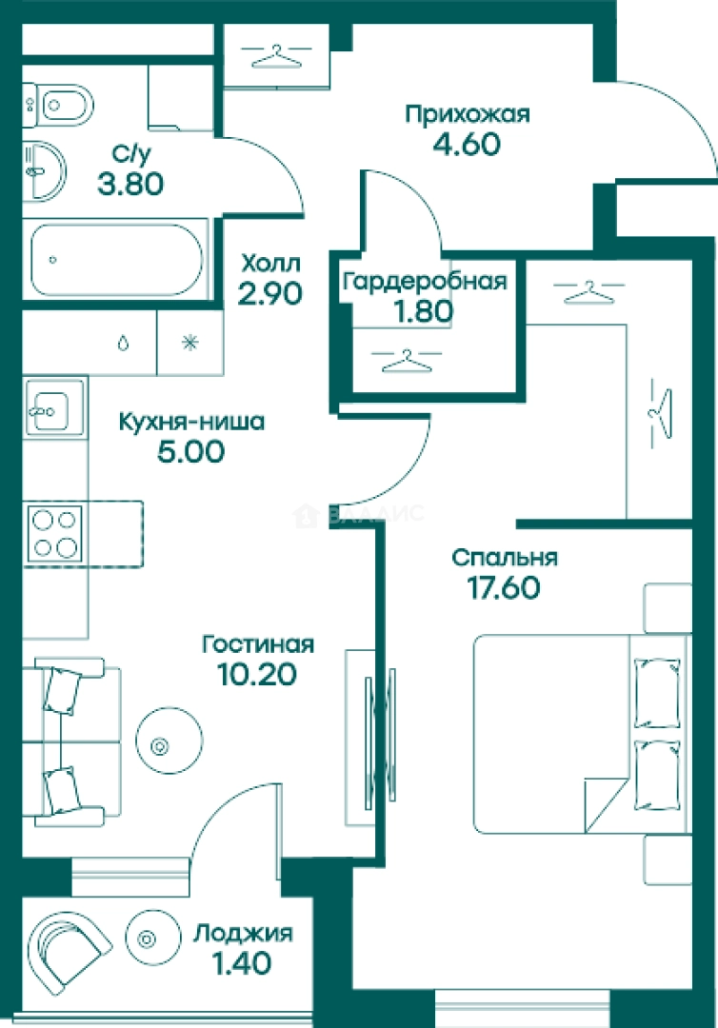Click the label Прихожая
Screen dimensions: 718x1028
click(467, 115)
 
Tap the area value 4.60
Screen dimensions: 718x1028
click(467, 145)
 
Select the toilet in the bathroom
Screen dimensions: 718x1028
click(58, 105)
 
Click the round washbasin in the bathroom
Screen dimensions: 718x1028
click(44, 170)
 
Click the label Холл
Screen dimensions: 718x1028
click(270, 264)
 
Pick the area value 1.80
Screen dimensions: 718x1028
click(423, 311)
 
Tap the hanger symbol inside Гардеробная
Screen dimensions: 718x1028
click(407, 362)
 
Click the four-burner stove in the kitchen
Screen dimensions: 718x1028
click(55, 534)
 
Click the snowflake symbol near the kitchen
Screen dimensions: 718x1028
click(190, 343)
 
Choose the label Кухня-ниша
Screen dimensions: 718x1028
click(191, 422)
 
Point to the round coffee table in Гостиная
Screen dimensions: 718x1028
click(170, 741)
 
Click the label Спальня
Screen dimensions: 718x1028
click(505, 559)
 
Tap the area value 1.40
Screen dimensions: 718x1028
click(242, 963)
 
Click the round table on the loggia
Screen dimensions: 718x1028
click(152, 939)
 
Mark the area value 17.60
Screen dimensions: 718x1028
click(504, 587)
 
